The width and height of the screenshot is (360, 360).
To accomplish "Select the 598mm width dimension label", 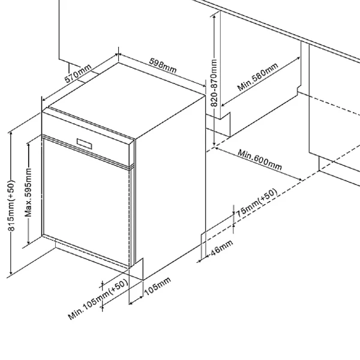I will [x=163, y=66].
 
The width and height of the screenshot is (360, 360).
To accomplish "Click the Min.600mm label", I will [x=259, y=159].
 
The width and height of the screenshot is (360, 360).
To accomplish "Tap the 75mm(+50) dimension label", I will [x=256, y=203].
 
